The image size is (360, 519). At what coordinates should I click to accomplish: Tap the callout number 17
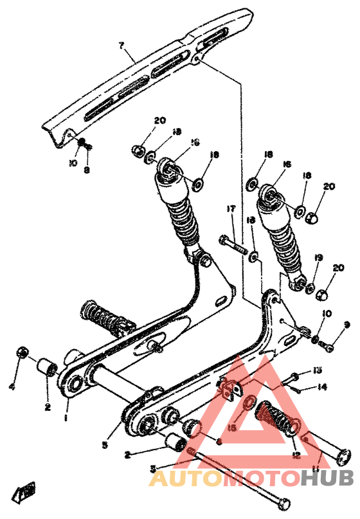point(230,208)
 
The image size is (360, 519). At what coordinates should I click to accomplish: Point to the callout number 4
point(12,387)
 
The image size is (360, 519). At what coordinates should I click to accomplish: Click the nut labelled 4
point(22,352)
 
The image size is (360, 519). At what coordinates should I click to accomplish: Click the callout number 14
point(321,387)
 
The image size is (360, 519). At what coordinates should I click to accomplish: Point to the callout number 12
point(296,455)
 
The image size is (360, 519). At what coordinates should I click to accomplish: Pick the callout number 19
point(318,258)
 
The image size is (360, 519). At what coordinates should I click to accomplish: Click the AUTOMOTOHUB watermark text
point(251,479)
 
